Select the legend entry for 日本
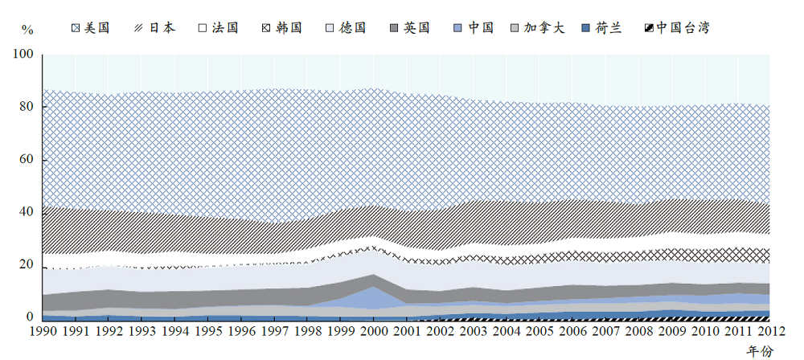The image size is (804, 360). tap(154, 28)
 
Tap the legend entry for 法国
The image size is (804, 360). tap(218, 28)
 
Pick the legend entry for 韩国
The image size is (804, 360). tap(282, 28)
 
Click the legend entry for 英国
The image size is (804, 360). tap(410, 28)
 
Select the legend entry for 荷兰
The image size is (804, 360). tap(603, 28)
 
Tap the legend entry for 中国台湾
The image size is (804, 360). tap(676, 28)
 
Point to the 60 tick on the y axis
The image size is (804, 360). tap(26, 160)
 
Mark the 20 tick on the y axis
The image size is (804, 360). tap(26, 265)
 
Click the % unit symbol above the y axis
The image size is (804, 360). tap(27, 30)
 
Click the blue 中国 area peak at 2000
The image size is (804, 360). tap(372, 296)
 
